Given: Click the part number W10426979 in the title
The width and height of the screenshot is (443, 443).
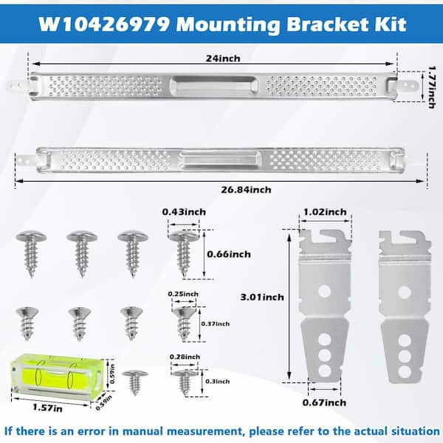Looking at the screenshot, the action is (x=104, y=24).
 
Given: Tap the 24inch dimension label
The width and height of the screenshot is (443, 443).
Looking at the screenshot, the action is (x=223, y=58).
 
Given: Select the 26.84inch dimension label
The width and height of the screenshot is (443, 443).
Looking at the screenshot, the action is (x=246, y=190).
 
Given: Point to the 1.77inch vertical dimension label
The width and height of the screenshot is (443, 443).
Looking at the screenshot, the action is (x=432, y=87).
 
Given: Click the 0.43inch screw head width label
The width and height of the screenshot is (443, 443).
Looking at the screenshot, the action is (x=184, y=212).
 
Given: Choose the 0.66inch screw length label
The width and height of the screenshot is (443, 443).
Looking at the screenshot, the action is (x=229, y=254).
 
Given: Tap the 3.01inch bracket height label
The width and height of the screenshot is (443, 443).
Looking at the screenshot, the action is (x=262, y=298).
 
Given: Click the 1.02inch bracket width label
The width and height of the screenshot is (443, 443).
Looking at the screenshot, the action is (x=325, y=212).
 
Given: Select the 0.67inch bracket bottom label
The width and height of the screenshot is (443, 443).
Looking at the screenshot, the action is (x=324, y=402).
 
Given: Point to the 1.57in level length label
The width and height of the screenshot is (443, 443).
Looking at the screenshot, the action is (x=47, y=408).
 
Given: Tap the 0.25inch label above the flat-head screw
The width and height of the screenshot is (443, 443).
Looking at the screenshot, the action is (x=183, y=294).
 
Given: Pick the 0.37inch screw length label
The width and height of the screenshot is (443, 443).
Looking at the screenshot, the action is (x=216, y=324).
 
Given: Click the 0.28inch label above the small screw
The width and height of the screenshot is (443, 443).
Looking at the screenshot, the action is (x=185, y=357).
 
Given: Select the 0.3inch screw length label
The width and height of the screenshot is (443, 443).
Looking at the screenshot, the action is (x=218, y=382).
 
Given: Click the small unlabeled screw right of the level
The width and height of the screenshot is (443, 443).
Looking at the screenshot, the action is (x=135, y=382).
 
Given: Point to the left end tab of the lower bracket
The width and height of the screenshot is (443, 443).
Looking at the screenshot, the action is (x=27, y=161).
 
